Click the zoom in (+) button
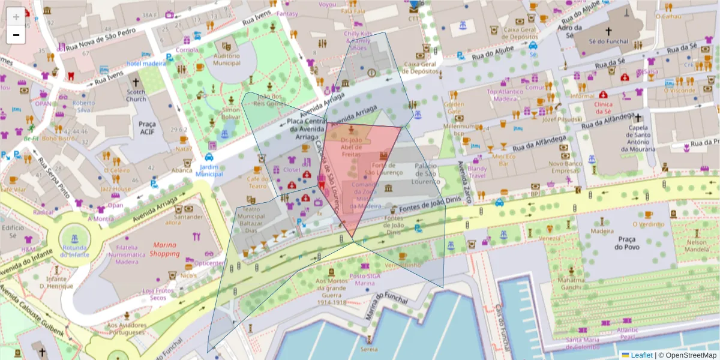tap(16, 17)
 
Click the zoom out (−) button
tap(16, 35)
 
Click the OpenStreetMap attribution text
tap(688, 355)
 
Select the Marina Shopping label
tap(165, 250)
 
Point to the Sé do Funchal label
tap(608, 42)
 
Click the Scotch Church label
tap(136, 95)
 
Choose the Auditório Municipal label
tap(227, 59)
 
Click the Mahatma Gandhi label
tap(571, 283)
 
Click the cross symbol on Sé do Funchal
tap(608, 31)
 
